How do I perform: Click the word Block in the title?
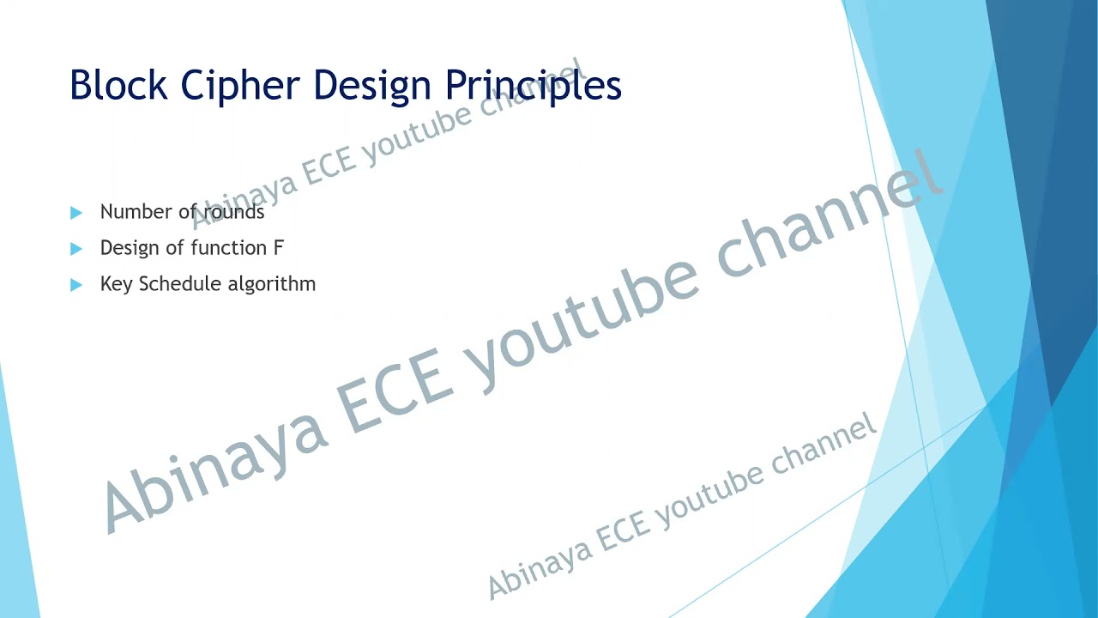tap(118, 85)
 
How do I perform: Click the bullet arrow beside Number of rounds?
tap(76, 212)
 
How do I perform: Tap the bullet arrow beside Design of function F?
tap(76, 248)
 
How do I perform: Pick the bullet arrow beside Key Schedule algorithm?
tap(76, 284)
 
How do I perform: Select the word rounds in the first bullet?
tap(234, 212)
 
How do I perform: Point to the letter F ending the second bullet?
tap(278, 248)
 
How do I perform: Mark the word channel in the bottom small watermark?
tap(823, 446)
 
